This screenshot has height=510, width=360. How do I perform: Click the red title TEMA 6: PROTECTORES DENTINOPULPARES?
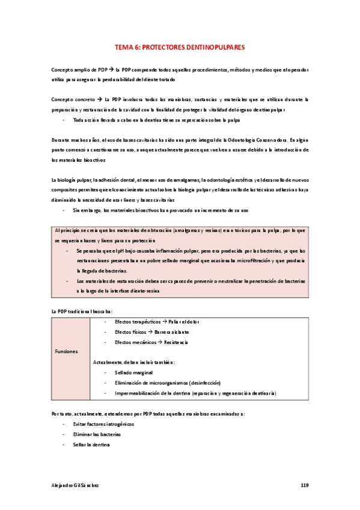tap(180, 47)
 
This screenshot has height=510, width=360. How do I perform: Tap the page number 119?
tap(304, 485)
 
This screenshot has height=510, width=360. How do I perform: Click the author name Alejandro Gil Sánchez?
tap(76, 485)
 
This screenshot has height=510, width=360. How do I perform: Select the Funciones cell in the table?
tap(67, 352)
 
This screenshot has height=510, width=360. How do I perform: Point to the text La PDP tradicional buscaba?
tap(82, 311)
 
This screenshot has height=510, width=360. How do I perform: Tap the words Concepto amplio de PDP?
tap(79, 70)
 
